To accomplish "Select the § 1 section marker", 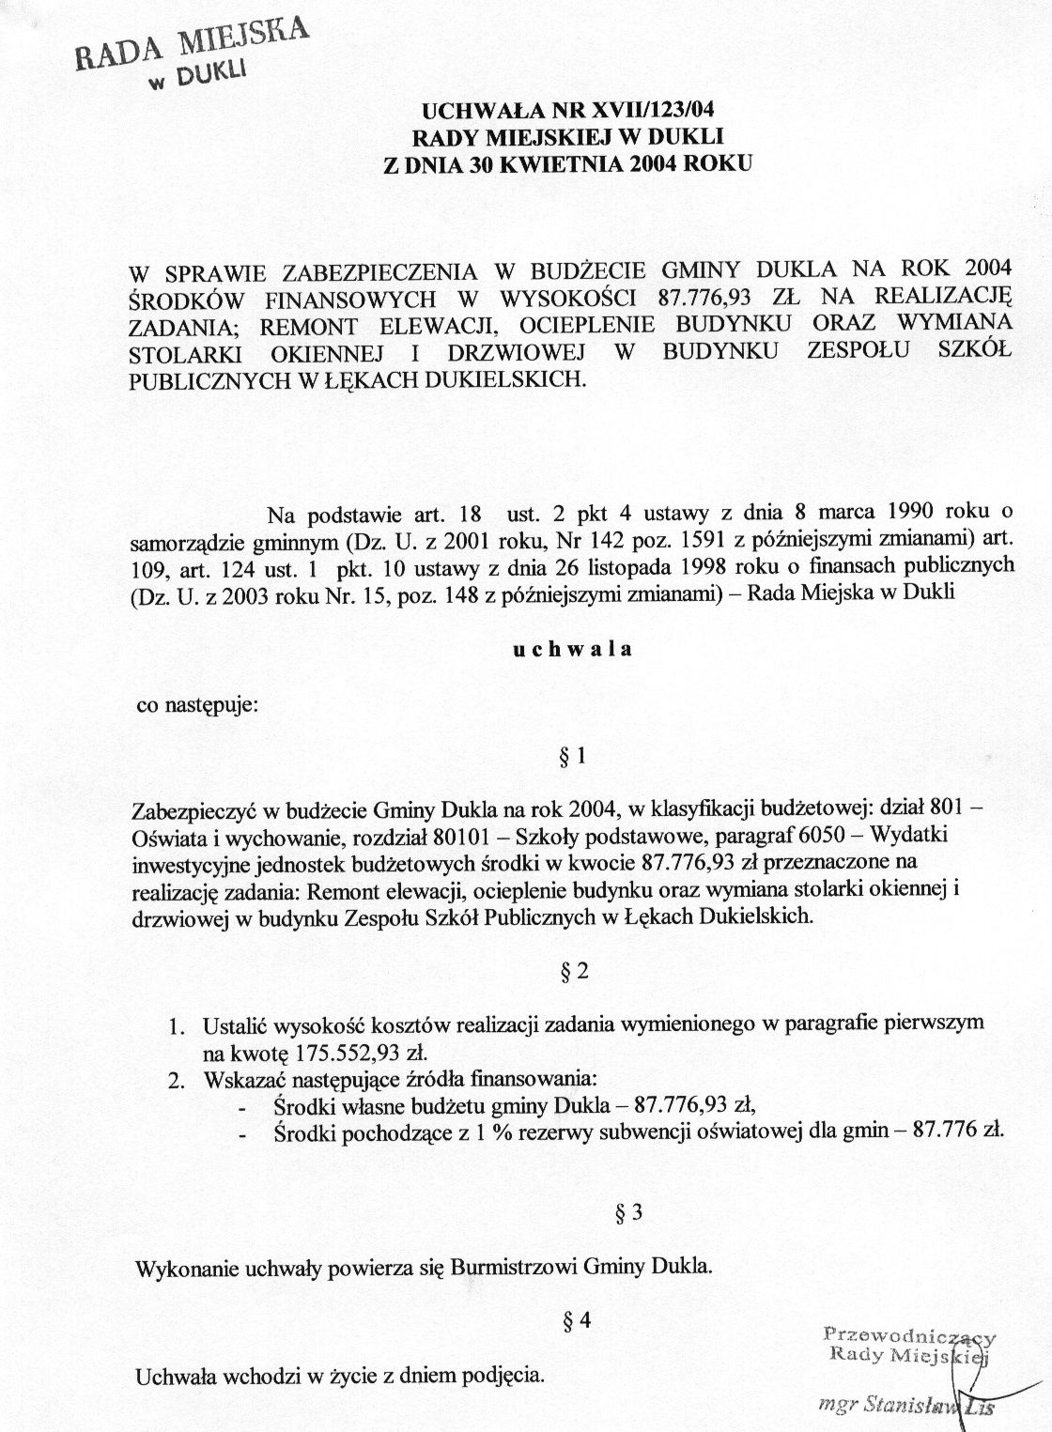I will (x=572, y=756).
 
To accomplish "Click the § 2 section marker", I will (x=574, y=972).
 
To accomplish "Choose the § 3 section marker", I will (x=627, y=1212).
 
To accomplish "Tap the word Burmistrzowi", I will (x=514, y=1267).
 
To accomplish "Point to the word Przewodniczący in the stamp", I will (x=908, y=1334).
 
